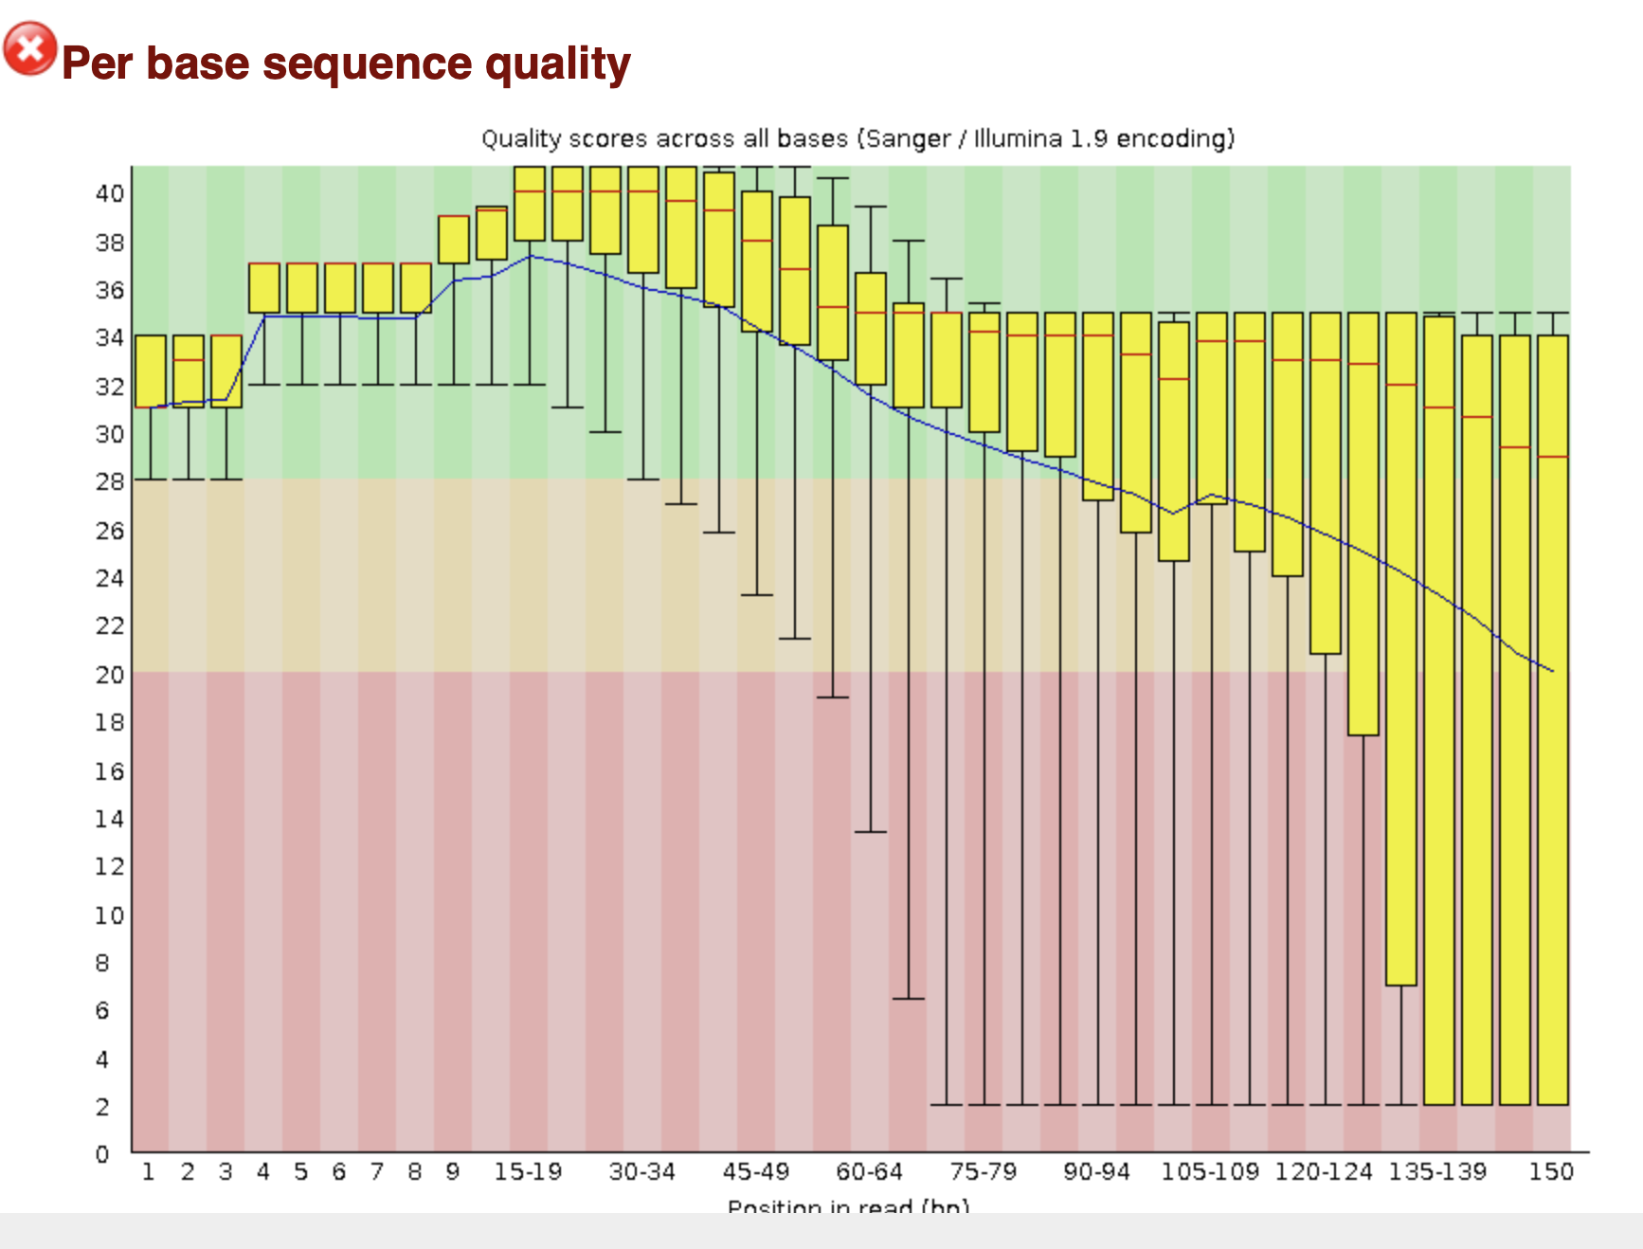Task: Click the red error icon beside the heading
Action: [30, 48]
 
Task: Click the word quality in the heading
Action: [557, 64]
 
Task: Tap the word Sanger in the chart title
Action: [907, 139]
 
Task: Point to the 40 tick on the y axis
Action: [109, 193]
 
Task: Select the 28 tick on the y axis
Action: [109, 481]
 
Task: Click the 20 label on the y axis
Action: [109, 675]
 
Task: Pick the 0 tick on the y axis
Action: [102, 1154]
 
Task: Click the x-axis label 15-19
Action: [528, 1172]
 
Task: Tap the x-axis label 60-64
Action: [869, 1172]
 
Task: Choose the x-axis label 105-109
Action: [1210, 1172]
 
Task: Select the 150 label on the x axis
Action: [1551, 1172]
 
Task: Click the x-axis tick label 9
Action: [453, 1172]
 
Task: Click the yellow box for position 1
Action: [151, 371]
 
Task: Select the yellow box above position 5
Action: [302, 288]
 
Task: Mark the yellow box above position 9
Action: [454, 240]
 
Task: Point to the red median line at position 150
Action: [1553, 457]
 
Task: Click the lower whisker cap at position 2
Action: [189, 480]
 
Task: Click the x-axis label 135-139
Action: [1437, 1172]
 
